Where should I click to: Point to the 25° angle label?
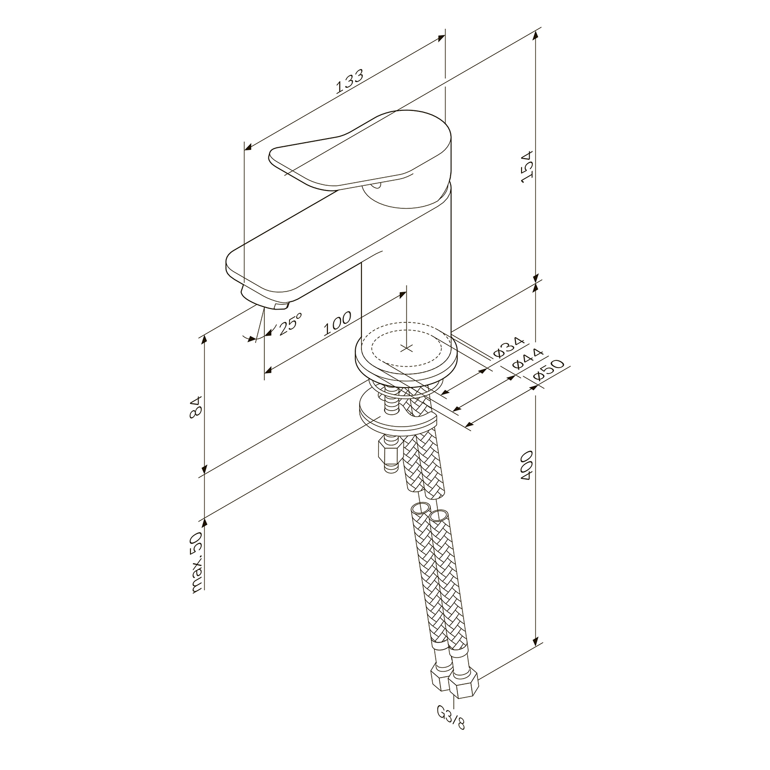(289, 324)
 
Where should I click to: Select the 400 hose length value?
(527, 466)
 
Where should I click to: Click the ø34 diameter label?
(508, 348)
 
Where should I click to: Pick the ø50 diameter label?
(549, 370)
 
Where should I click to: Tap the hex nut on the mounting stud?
(389, 453)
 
